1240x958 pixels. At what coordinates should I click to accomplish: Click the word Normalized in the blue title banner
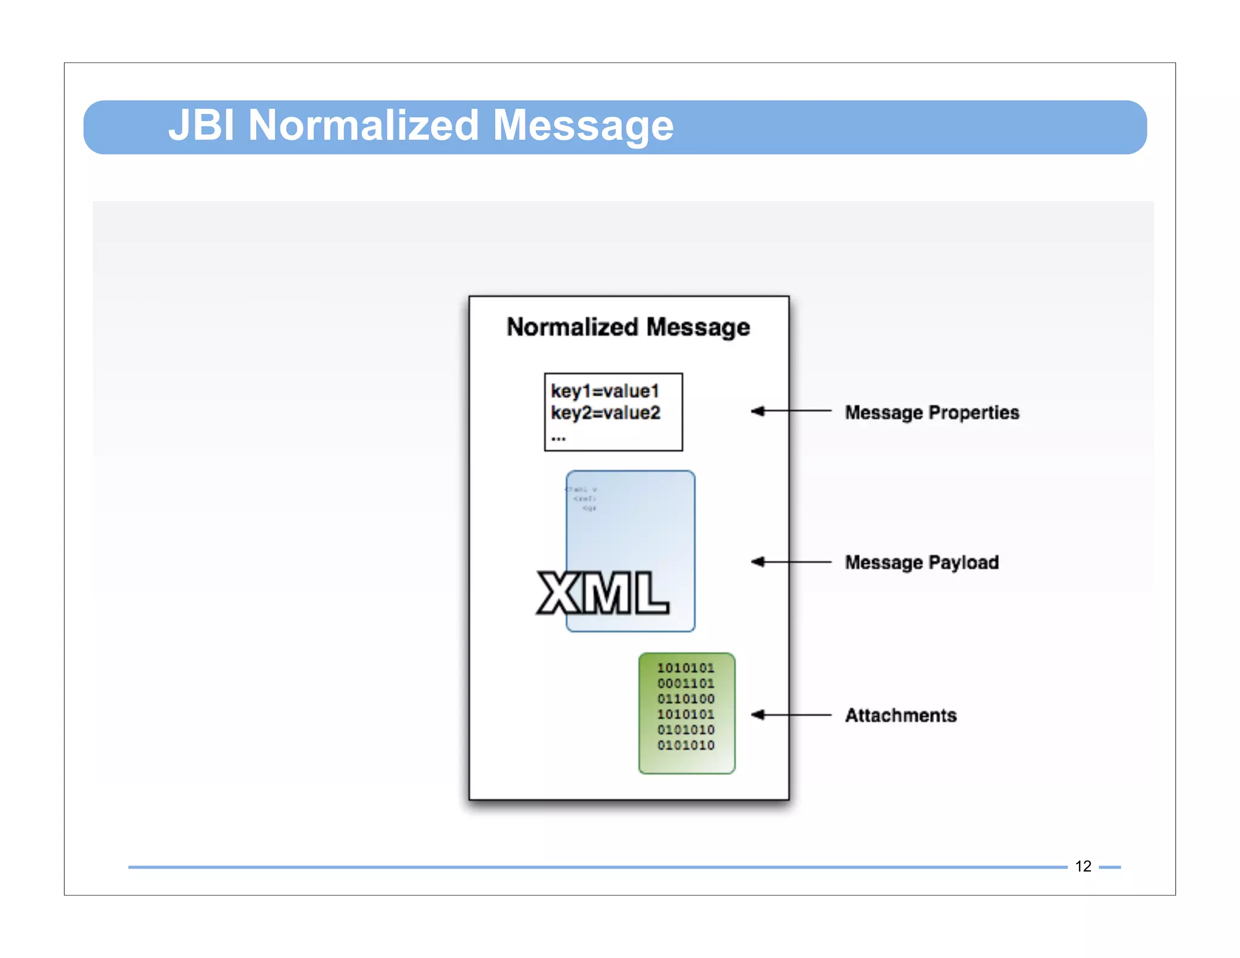363,125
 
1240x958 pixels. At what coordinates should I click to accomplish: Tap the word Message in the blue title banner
582,125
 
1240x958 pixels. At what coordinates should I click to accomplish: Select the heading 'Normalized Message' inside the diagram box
628,327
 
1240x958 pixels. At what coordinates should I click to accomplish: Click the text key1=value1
604,391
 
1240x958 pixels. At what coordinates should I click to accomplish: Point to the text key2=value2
605,413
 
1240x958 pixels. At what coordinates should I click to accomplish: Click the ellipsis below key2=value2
558,437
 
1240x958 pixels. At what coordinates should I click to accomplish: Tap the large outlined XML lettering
602,593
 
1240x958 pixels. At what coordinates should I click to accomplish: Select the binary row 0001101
686,684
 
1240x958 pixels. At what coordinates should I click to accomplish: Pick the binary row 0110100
686,699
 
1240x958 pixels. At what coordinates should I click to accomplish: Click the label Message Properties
932,412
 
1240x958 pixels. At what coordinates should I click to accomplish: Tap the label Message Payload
922,563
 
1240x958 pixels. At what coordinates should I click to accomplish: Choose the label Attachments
900,715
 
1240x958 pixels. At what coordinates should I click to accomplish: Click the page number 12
1083,866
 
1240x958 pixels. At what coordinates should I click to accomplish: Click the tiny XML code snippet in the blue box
583,498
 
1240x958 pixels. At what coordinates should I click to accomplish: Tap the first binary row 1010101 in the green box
686,668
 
